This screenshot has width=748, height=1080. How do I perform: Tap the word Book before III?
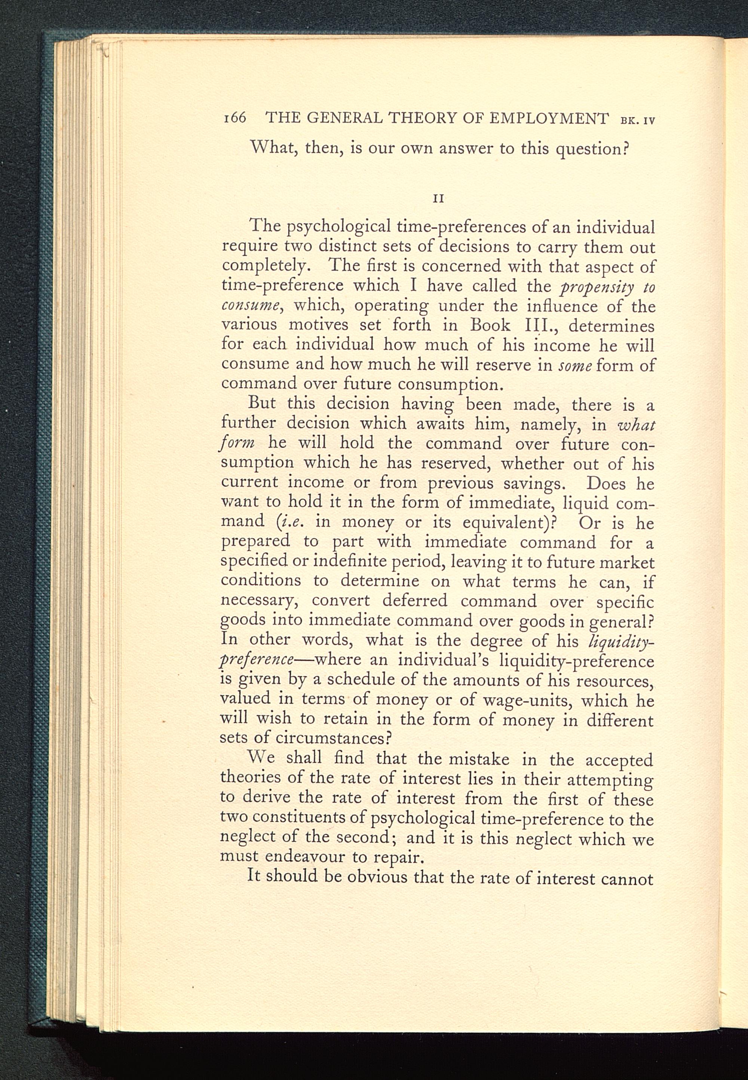tap(490, 325)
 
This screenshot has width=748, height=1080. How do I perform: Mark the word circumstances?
tap(333, 739)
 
